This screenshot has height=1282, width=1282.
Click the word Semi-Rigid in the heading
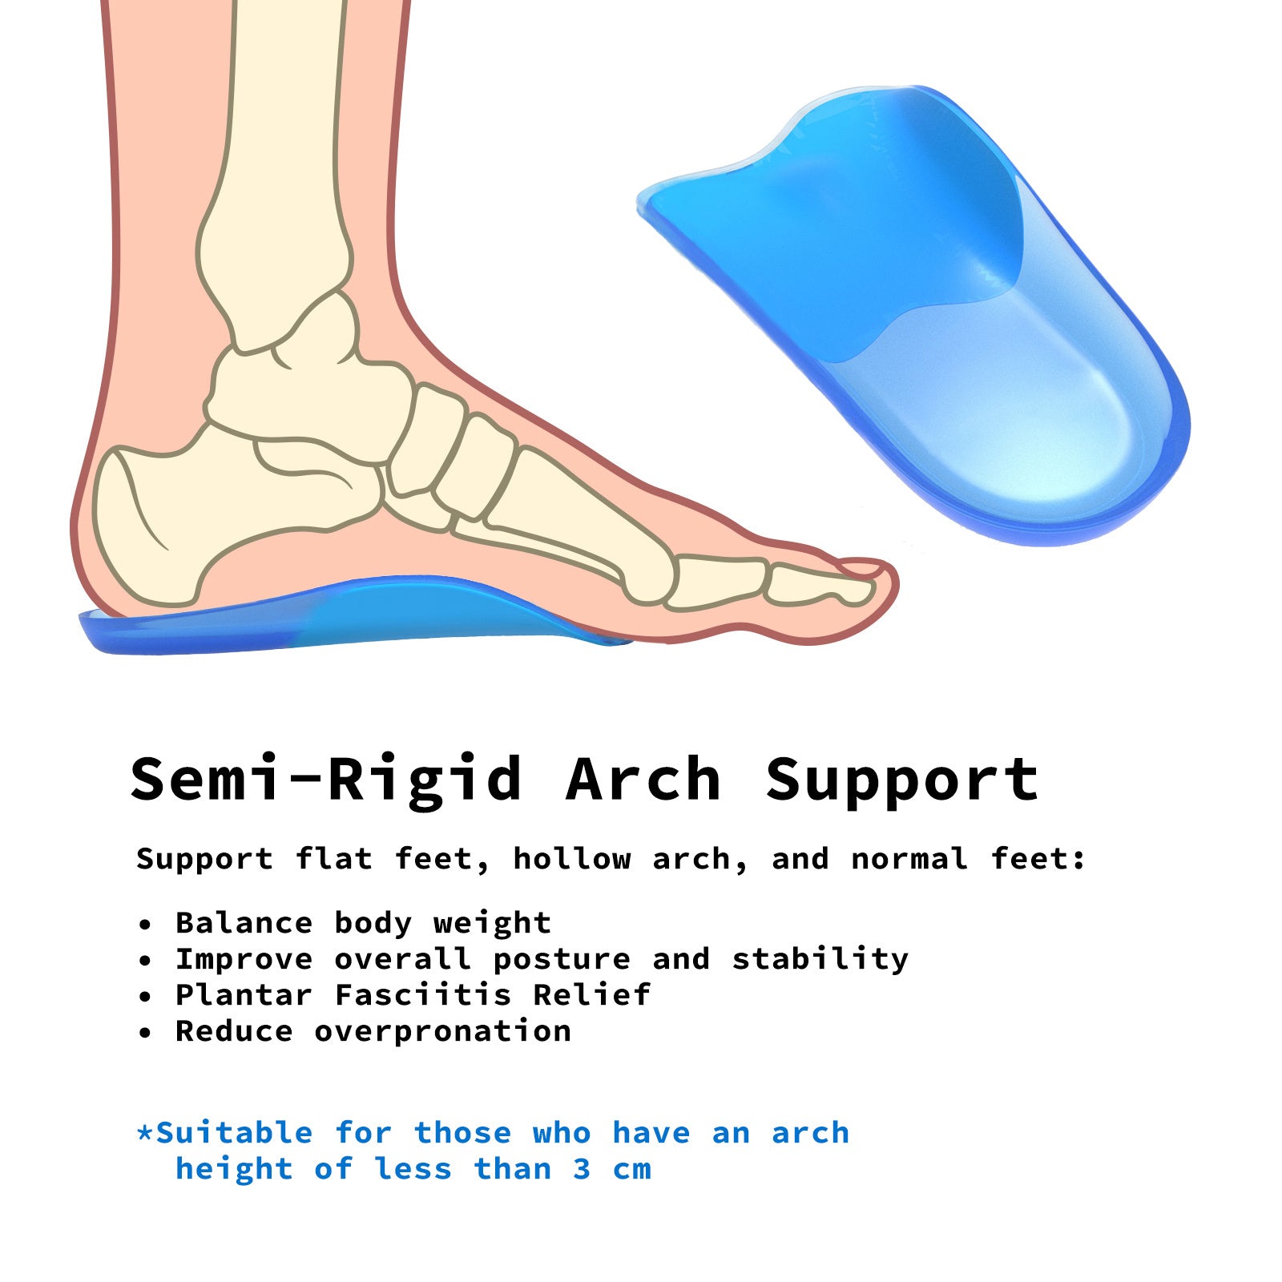(x=326, y=779)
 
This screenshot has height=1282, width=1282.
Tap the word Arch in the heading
(x=643, y=779)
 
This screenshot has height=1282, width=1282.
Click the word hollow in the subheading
(x=572, y=859)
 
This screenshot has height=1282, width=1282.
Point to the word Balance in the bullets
(x=244, y=923)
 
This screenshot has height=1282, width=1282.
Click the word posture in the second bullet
(x=562, y=960)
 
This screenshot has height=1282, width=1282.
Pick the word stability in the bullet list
(x=820, y=959)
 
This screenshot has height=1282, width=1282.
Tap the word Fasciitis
(x=423, y=995)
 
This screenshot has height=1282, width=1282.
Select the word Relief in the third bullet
(x=592, y=995)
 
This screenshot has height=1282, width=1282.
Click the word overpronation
(x=442, y=1031)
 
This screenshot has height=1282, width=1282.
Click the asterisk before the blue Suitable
(x=144, y=1131)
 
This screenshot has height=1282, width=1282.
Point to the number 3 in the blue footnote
(x=583, y=1169)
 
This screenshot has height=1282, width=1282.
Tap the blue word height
(x=234, y=1170)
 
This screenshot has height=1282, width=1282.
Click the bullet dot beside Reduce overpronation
(x=145, y=1033)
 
